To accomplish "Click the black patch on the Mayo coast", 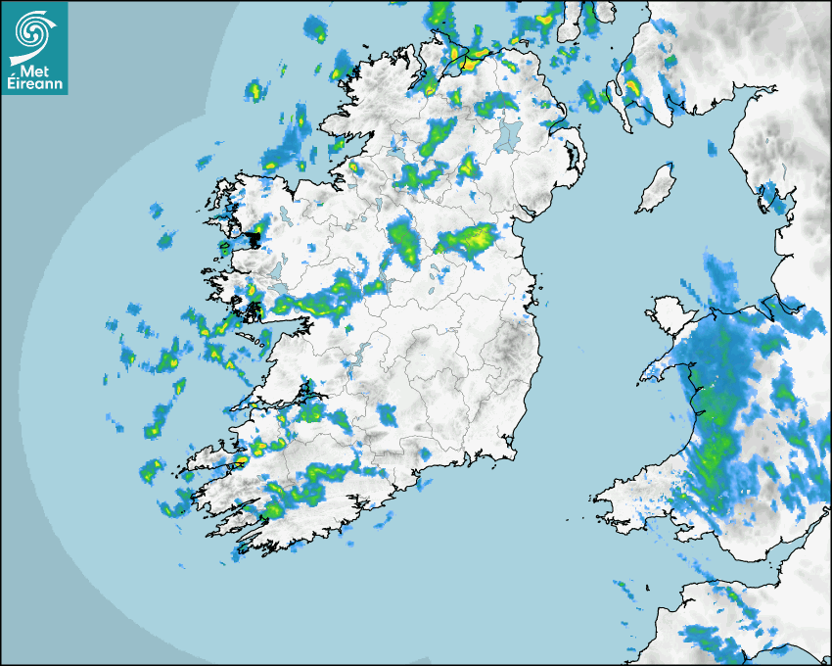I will pos(255,236).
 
